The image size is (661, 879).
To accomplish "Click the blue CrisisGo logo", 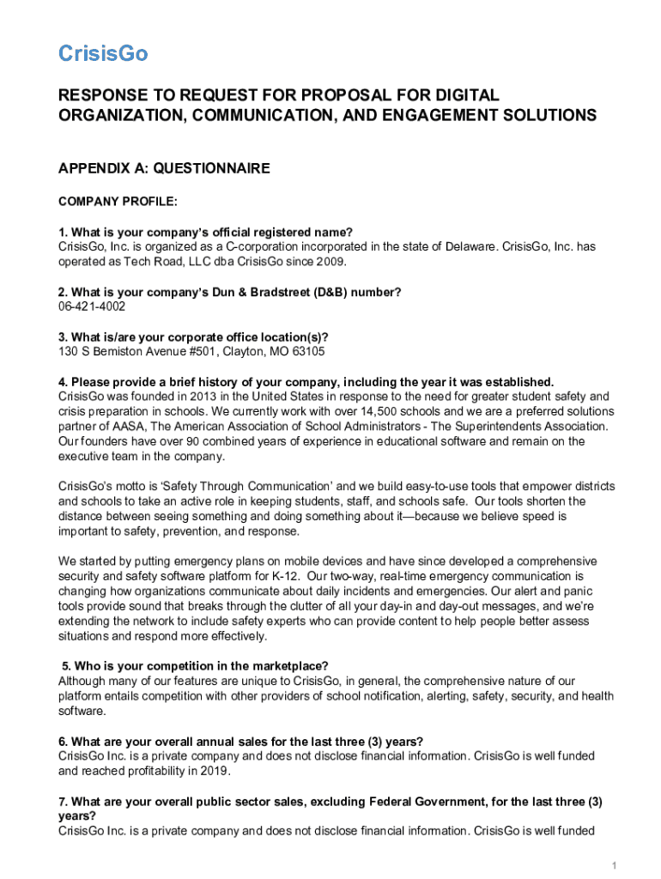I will (x=103, y=53).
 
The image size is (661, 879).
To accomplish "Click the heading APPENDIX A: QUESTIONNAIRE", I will (x=164, y=168).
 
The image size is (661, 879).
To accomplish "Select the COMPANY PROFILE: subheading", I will (x=118, y=202).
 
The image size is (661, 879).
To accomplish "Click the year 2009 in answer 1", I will (x=335, y=262).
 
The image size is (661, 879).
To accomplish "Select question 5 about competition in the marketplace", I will (x=195, y=666).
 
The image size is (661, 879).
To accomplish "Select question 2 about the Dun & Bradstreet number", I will (x=229, y=292).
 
